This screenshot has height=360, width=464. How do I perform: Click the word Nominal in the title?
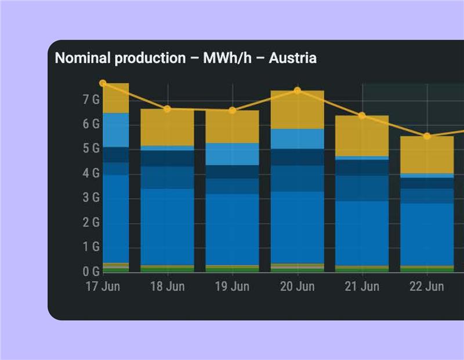pyautogui.click(x=80, y=58)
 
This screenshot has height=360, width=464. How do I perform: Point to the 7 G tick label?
pyautogui.click(x=91, y=100)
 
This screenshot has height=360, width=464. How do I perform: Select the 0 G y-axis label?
pyautogui.click(x=91, y=271)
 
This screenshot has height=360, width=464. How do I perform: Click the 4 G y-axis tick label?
pyautogui.click(x=91, y=173)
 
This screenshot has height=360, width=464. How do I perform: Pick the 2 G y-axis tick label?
pyautogui.click(x=91, y=223)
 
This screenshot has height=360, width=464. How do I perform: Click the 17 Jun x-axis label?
pyautogui.click(x=103, y=287)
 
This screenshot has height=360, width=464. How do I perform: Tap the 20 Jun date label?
pyautogui.click(x=298, y=287)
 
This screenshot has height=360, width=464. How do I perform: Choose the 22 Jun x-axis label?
pyautogui.click(x=427, y=287)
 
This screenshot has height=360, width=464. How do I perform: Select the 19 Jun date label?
pyautogui.click(x=233, y=287)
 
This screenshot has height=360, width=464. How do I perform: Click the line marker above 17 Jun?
pyautogui.click(x=103, y=83)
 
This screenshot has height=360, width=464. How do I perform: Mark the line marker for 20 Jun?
pyautogui.click(x=298, y=90)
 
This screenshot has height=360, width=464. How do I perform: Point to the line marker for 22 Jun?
pyautogui.click(x=427, y=136)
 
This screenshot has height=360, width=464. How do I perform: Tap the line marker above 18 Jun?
pyautogui.click(x=168, y=109)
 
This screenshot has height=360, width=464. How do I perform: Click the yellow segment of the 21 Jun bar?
pyautogui.click(x=362, y=136)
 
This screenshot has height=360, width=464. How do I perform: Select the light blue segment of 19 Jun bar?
pyautogui.click(x=233, y=154)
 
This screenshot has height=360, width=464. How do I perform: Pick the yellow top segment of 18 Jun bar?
pyautogui.click(x=168, y=128)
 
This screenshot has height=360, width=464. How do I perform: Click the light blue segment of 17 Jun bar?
pyautogui.click(x=115, y=130)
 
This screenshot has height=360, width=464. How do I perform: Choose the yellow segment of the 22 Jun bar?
pyautogui.click(x=427, y=155)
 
